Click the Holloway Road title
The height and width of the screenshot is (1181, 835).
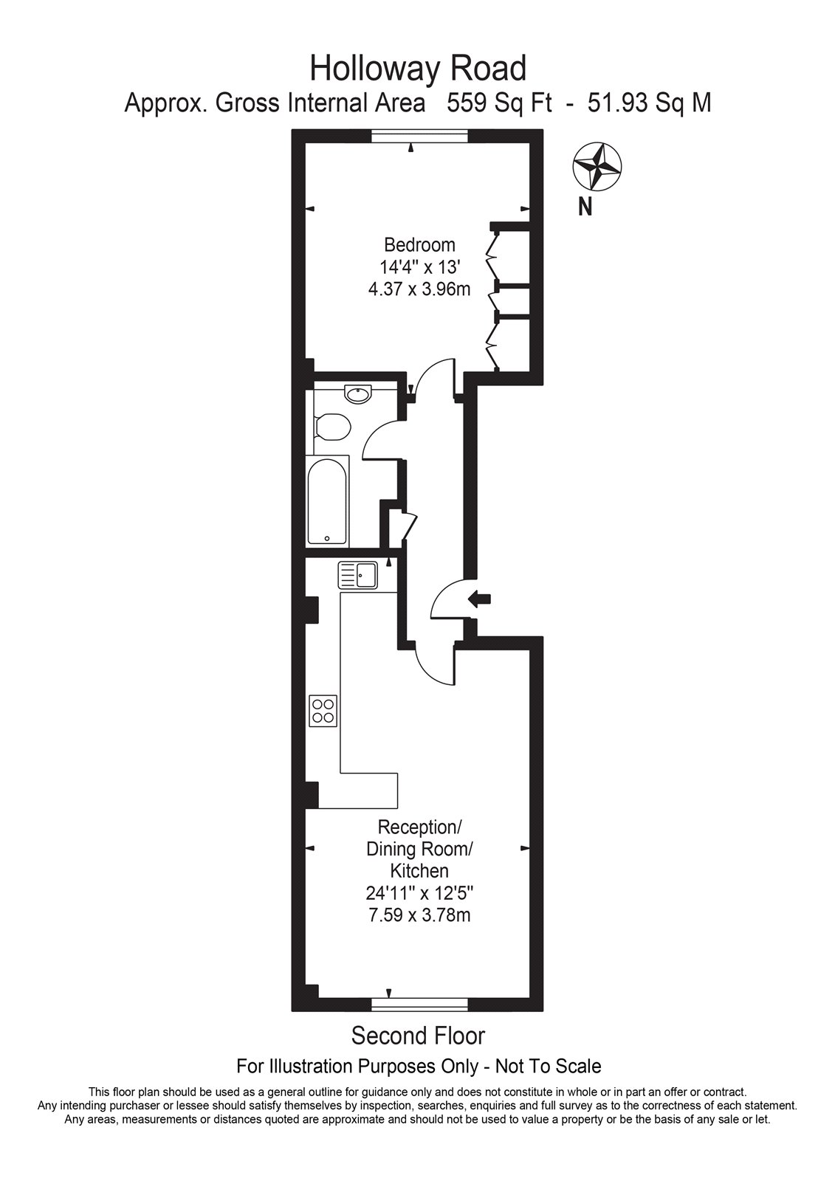click(418, 68)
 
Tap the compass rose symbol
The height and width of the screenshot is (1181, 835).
click(597, 167)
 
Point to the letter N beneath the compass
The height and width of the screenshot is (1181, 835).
click(585, 207)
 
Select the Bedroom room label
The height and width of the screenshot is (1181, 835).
click(419, 245)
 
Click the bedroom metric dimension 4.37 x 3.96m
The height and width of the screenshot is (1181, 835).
click(419, 289)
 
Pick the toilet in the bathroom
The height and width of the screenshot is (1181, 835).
click(331, 427)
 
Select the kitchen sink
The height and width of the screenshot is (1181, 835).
click(357, 575)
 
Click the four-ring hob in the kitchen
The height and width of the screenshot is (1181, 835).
click(323, 712)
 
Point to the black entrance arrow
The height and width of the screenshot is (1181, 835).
click(480, 599)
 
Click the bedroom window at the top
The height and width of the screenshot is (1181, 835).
click(419, 136)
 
